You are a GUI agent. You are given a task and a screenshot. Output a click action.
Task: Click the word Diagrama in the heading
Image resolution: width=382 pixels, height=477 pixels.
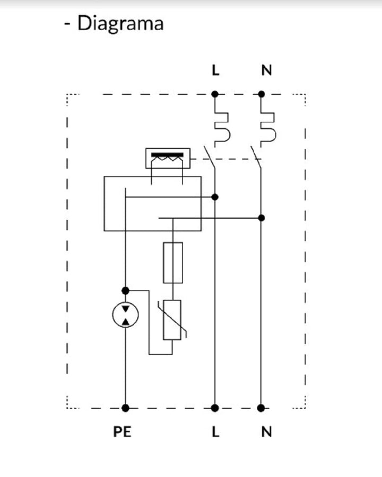click(120, 24)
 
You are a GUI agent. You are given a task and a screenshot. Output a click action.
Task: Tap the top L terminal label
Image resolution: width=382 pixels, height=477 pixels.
click(215, 70)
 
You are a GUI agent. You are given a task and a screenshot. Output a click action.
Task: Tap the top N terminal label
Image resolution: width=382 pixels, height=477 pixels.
click(266, 70)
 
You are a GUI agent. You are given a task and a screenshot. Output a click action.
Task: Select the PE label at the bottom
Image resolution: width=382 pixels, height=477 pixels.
click(122, 431)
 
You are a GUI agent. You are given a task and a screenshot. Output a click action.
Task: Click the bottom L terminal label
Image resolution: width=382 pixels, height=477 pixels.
click(215, 431)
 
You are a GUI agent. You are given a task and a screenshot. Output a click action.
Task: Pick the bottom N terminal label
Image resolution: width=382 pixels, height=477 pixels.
click(266, 431)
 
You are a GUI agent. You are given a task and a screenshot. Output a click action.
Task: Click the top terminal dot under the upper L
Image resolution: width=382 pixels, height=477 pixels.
click(215, 94)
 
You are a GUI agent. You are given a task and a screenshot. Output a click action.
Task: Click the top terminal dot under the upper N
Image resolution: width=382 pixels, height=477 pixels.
click(261, 94)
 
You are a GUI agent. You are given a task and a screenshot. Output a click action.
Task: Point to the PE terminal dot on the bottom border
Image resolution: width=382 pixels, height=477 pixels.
click(125, 408)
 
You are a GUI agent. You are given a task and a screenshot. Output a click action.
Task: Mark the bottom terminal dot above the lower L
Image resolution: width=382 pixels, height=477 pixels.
click(215, 408)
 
